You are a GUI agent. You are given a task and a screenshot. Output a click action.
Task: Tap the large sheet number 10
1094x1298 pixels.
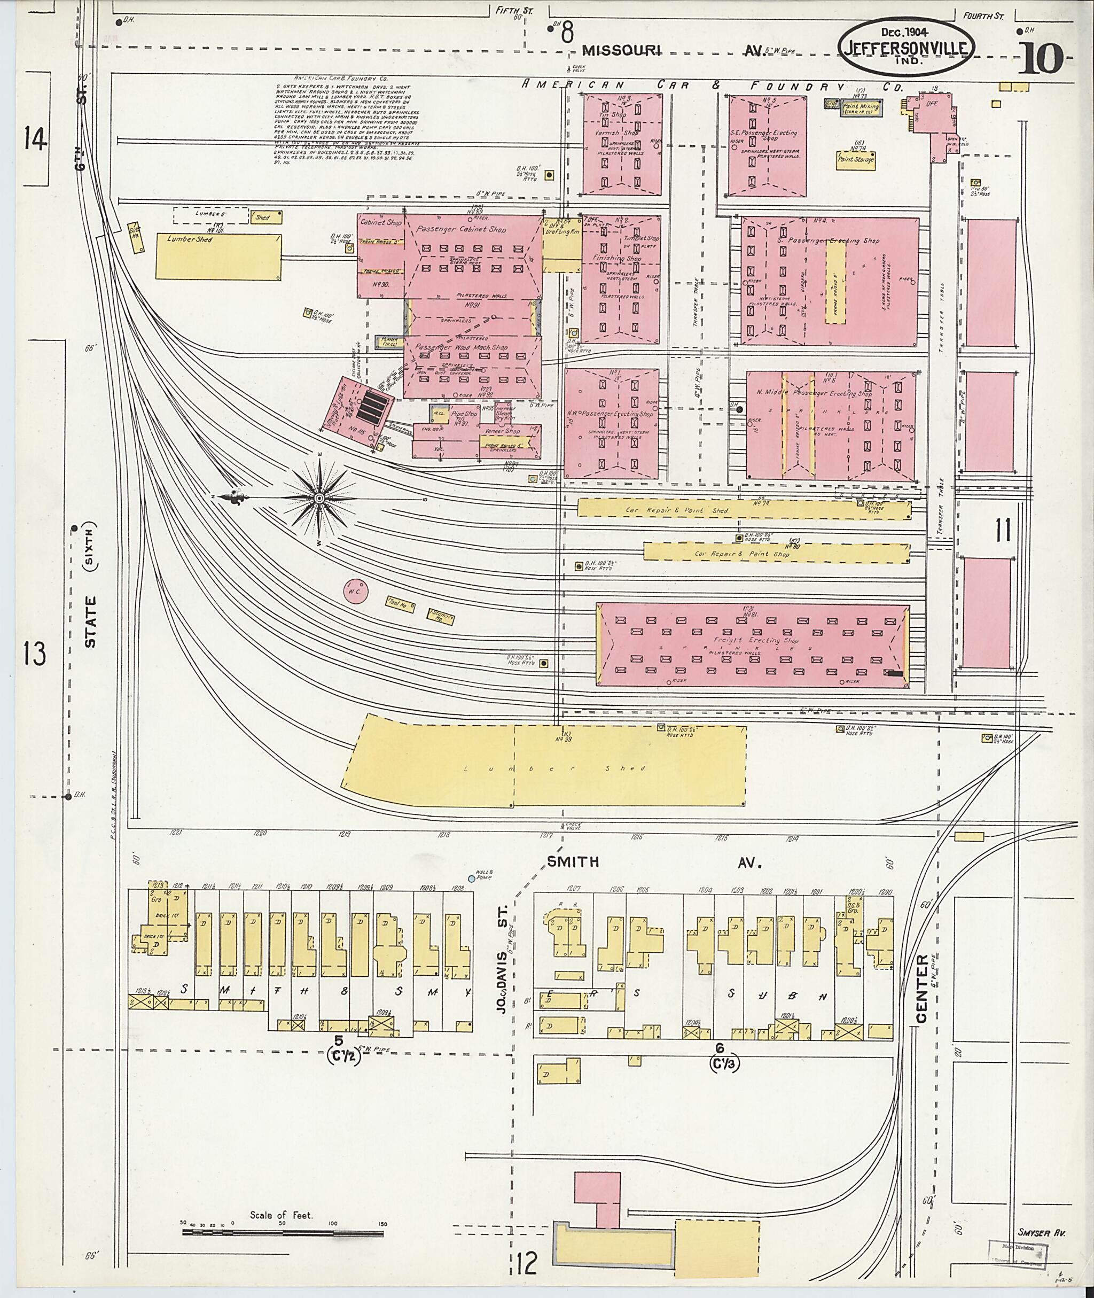[1040, 59]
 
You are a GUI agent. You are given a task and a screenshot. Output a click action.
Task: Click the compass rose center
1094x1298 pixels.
[319, 498]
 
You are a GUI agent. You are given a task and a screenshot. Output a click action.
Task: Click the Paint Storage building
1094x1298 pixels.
[856, 159]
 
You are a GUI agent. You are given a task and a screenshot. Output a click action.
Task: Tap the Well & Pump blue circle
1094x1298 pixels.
[471, 879]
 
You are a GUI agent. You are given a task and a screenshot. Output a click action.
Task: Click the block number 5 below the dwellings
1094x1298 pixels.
[338, 1039]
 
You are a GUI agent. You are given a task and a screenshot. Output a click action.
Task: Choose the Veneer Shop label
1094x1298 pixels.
[503, 431]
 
